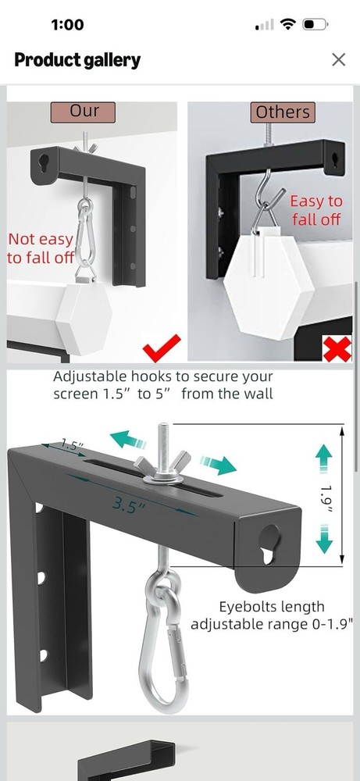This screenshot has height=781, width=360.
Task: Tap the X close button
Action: (338, 59)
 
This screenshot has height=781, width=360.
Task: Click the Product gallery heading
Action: (77, 60)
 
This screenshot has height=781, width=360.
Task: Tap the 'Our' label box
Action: (84, 112)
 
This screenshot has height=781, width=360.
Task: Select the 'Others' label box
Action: (283, 112)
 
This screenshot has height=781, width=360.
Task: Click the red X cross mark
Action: (337, 348)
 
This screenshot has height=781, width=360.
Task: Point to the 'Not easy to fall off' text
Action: (40, 248)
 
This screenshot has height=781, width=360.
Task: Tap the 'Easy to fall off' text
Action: (316, 211)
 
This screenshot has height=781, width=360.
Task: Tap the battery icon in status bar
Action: (315, 25)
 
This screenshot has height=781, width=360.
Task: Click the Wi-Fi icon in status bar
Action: (288, 25)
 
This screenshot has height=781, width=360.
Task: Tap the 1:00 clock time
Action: (67, 25)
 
